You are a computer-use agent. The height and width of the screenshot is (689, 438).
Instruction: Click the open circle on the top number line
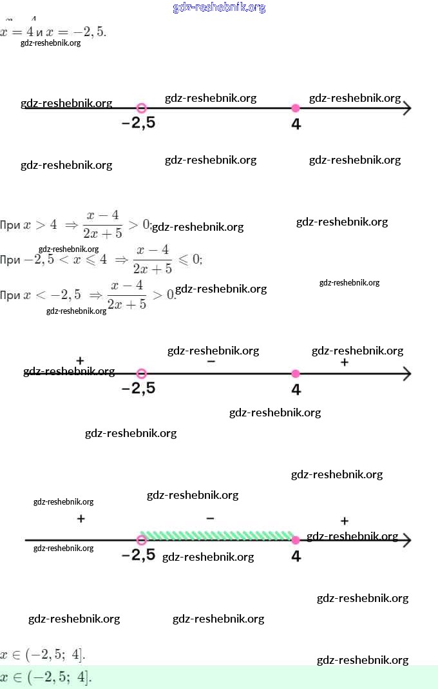pyautogui.click(x=142, y=108)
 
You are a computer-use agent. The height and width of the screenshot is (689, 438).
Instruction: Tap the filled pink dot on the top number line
pyautogui.click(x=296, y=108)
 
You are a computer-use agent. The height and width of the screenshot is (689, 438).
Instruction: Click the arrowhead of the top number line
pyautogui.click(x=406, y=108)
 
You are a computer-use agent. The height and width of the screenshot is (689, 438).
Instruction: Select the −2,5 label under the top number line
pyautogui.click(x=138, y=124)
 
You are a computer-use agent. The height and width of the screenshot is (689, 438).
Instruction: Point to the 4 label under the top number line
pyautogui.click(x=296, y=124)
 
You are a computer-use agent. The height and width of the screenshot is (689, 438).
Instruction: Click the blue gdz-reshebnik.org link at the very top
pyautogui.click(x=219, y=8)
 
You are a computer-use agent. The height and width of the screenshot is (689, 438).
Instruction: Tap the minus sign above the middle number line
pyautogui.click(x=211, y=362)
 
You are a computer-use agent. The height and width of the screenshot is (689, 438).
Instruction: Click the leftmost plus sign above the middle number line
pyautogui.click(x=80, y=360)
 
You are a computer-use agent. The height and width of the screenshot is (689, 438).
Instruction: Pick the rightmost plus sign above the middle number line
pyautogui.click(x=345, y=362)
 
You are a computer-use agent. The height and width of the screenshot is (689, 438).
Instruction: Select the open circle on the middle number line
pyautogui.click(x=142, y=373)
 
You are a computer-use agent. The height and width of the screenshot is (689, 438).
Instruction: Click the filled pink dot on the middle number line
pyautogui.click(x=296, y=373)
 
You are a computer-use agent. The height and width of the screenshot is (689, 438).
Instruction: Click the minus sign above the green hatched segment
pyautogui.click(x=211, y=518)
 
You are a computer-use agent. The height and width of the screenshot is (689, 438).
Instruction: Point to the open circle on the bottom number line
pyautogui.click(x=142, y=540)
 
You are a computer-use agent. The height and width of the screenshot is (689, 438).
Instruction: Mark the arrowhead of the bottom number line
pyautogui.click(x=406, y=540)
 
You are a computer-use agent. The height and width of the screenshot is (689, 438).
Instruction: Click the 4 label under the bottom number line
pyautogui.click(x=296, y=556)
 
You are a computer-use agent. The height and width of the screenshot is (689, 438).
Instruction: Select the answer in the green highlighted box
pyautogui.click(x=46, y=677)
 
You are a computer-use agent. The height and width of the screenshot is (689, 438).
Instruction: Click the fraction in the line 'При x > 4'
pyautogui.click(x=102, y=224)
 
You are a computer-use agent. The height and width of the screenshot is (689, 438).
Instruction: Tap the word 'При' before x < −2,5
pyautogui.click(x=10, y=295)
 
